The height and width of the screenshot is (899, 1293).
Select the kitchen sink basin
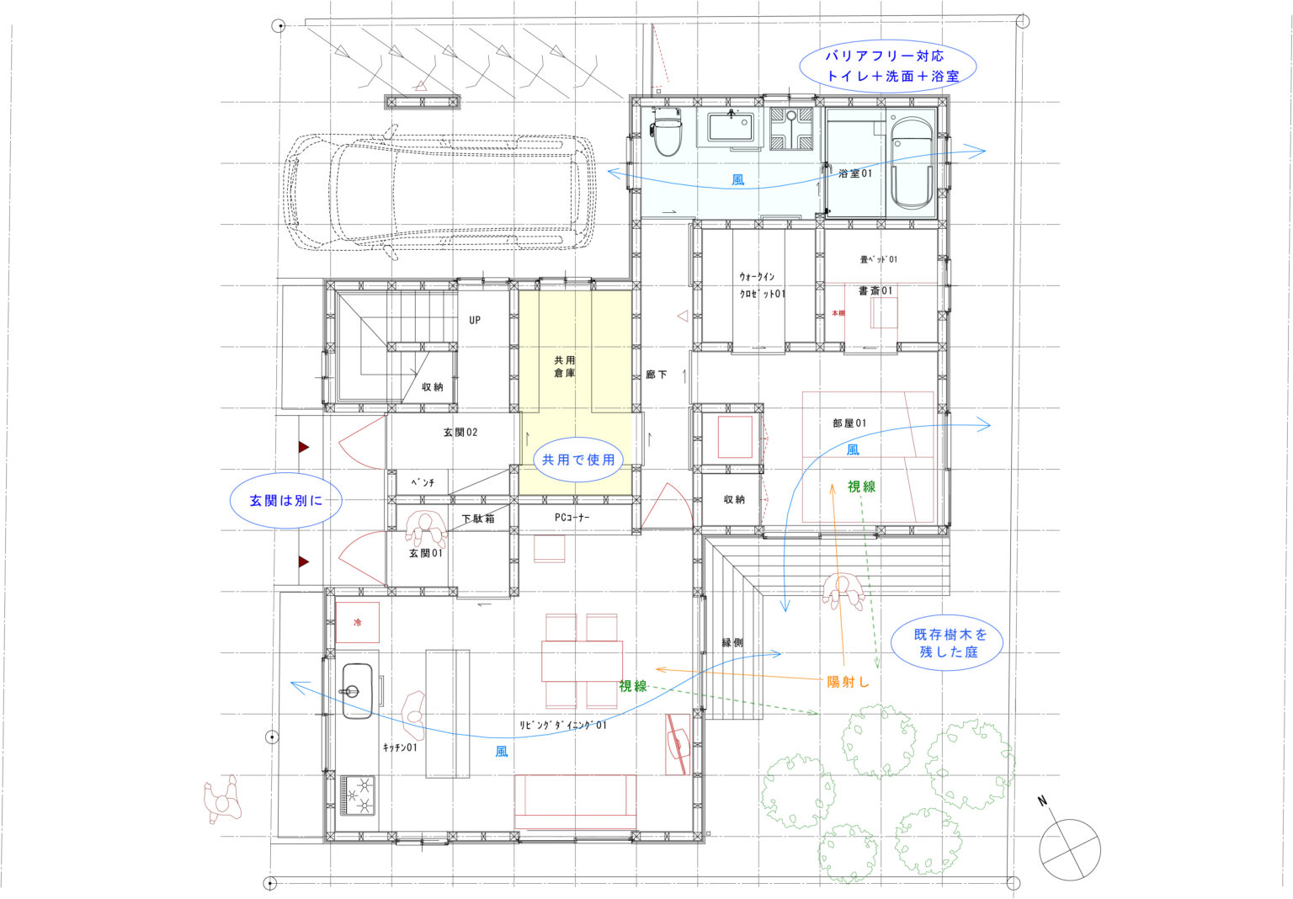[x=357, y=691]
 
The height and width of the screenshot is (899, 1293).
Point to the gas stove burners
[x=358, y=795]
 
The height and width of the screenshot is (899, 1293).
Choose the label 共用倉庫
[x=565, y=366]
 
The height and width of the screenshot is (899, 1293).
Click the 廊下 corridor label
[x=657, y=375]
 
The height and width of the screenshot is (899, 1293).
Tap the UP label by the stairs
[x=475, y=320]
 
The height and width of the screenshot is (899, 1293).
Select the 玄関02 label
[x=460, y=432]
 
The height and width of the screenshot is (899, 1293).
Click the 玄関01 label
[x=425, y=553]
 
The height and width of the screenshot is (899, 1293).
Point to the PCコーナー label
[x=572, y=518]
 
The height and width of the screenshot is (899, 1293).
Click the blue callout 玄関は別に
[x=285, y=500]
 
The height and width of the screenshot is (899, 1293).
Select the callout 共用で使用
[x=578, y=460]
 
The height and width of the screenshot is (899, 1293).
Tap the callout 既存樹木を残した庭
[x=947, y=642]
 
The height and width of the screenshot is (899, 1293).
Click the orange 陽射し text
[x=848, y=682]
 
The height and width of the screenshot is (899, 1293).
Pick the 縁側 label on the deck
[x=732, y=642]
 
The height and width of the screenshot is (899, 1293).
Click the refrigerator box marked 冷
[x=357, y=622]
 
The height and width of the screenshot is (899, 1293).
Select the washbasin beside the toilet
[x=730, y=128]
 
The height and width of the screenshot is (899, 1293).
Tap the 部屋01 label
[x=849, y=423]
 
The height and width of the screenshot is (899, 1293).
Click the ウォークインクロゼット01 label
[x=762, y=285]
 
